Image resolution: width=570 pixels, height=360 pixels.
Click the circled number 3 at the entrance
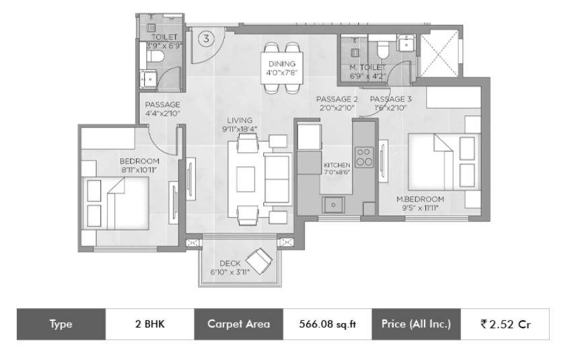click(x=207, y=38)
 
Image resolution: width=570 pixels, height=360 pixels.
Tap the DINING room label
click(x=282, y=64)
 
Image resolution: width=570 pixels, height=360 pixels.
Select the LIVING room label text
click(x=240, y=120)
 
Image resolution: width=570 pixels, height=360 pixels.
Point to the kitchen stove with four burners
click(x=364, y=157)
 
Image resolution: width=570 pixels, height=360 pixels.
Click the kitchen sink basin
click(x=333, y=205)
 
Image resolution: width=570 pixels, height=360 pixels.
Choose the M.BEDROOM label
click(x=420, y=199)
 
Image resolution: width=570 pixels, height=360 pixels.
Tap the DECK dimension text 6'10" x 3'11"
click(x=229, y=272)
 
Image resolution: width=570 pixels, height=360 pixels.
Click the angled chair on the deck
click(x=259, y=260)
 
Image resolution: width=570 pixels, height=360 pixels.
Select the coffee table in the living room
click(x=246, y=179)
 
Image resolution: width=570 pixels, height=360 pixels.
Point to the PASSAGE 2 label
click(x=336, y=99)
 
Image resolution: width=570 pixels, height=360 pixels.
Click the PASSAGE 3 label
click(x=391, y=99)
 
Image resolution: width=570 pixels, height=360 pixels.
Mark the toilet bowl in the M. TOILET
click(x=383, y=49)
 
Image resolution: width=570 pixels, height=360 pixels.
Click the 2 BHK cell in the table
click(x=150, y=324)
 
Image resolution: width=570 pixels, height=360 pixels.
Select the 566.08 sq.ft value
click(x=327, y=324)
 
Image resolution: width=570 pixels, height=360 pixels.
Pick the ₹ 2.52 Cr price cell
click(x=505, y=324)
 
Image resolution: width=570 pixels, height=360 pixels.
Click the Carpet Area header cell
click(x=238, y=324)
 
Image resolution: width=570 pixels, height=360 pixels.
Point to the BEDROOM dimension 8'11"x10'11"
click(x=139, y=170)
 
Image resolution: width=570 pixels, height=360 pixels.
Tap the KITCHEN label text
click(x=337, y=165)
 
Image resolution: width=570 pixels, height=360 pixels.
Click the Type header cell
click(x=61, y=324)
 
